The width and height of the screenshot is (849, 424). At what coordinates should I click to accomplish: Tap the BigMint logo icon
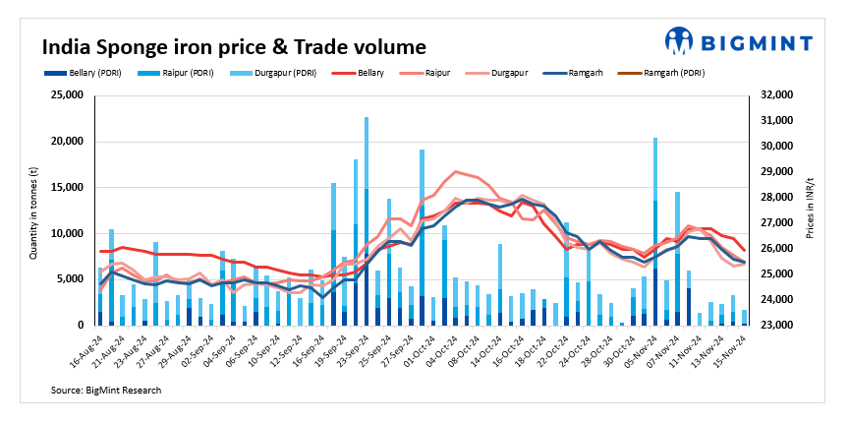[x=679, y=40]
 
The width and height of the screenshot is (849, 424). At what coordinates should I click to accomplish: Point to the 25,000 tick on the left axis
[x=66, y=95]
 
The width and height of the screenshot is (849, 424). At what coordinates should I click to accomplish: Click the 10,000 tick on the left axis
[x=66, y=233]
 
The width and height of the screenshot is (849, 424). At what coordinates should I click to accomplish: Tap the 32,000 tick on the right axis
[x=773, y=95]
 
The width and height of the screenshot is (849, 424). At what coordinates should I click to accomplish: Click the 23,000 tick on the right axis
[x=773, y=326]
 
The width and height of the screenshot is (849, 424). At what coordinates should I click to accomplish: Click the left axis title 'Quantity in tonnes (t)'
[x=32, y=211]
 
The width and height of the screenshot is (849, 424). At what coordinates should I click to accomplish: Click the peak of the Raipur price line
[x=455, y=172]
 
